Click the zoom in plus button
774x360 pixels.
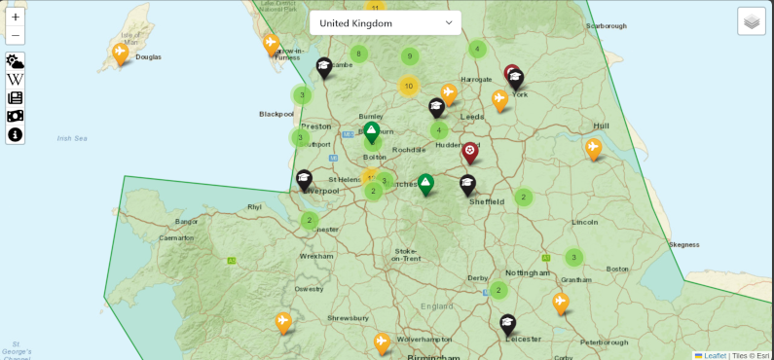[x=16, y=17]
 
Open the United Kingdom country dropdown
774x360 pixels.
[x=385, y=22]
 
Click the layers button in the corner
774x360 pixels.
[x=751, y=21]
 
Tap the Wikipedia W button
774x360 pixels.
[x=16, y=79]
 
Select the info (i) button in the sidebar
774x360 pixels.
[x=16, y=134]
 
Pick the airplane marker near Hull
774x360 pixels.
[x=593, y=147]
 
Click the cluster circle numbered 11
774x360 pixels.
[x=375, y=8]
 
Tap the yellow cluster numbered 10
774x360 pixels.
[x=409, y=86]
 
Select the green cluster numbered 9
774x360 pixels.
[x=409, y=56]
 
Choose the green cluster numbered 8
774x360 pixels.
[x=358, y=54]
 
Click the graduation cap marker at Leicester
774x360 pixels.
[x=507, y=323]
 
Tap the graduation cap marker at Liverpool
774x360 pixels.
[x=304, y=179]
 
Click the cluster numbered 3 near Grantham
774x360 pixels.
[x=574, y=258]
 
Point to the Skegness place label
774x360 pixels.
[x=684, y=244]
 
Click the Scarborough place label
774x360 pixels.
[x=607, y=26]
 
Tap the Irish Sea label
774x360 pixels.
[x=72, y=138]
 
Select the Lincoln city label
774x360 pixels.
[x=585, y=222]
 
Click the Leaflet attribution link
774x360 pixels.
[x=715, y=355]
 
